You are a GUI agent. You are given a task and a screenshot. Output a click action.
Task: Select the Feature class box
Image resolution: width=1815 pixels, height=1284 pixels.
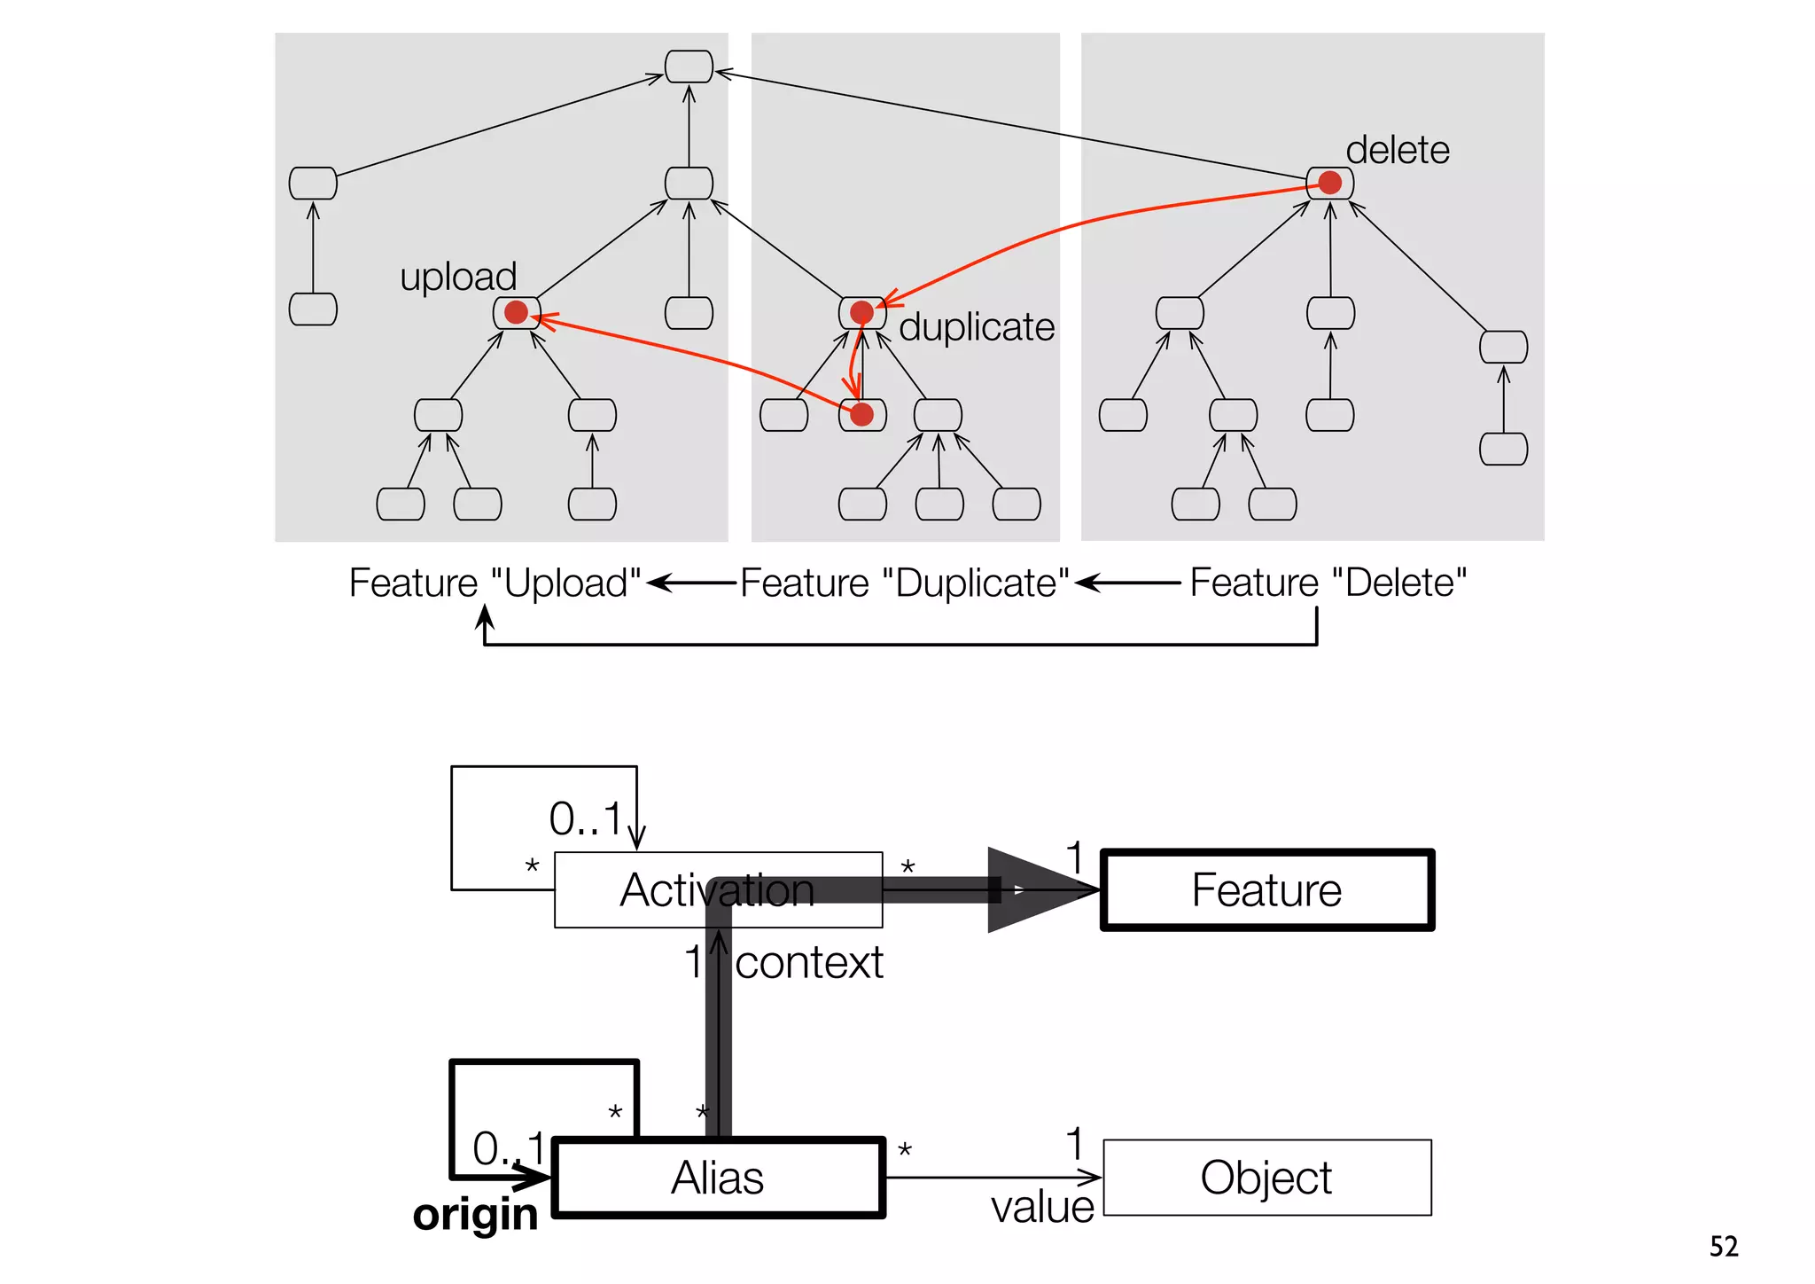pos(1266,890)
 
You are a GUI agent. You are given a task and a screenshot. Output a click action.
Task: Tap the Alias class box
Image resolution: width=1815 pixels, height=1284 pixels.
pos(718,1178)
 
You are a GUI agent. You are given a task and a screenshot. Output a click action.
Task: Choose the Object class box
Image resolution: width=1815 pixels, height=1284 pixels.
pos(1266,1178)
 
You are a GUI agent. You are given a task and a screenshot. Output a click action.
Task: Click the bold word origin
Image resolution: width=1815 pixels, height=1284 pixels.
pos(475,1215)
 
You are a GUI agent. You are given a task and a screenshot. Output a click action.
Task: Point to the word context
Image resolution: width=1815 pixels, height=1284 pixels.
pos(809,963)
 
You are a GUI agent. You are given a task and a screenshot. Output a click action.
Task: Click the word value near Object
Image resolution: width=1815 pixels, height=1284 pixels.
pos(1042,1208)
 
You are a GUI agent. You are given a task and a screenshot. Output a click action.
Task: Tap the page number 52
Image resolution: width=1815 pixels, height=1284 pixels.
pos(1724,1247)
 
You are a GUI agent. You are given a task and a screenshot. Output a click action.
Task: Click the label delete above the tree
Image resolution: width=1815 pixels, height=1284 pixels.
pos(1398,150)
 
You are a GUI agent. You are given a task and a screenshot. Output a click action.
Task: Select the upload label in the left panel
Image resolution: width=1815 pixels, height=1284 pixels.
pos(458,277)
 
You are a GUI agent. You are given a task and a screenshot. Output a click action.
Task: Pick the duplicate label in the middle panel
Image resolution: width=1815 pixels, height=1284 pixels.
pos(977,327)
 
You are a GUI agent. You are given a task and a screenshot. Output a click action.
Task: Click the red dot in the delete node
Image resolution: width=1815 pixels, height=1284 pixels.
pos(1329,183)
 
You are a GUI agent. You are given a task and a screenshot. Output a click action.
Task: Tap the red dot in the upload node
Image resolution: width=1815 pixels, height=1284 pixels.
pos(516,312)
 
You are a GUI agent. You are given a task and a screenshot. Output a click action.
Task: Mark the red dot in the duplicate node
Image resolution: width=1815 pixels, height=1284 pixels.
pos(861,312)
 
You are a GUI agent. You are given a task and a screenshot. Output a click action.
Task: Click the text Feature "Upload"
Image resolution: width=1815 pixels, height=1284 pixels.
pos(495,583)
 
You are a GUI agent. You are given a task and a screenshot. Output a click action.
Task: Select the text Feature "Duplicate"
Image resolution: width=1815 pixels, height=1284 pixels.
pos(904,583)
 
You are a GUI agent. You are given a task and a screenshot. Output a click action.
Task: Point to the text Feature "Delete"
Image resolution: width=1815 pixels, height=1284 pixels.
pos(1328,583)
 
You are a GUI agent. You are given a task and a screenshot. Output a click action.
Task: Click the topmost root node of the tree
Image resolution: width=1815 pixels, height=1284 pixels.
pos(689,67)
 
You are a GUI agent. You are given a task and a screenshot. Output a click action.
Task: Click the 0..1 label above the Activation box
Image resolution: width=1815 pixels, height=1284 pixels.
pos(585,818)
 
